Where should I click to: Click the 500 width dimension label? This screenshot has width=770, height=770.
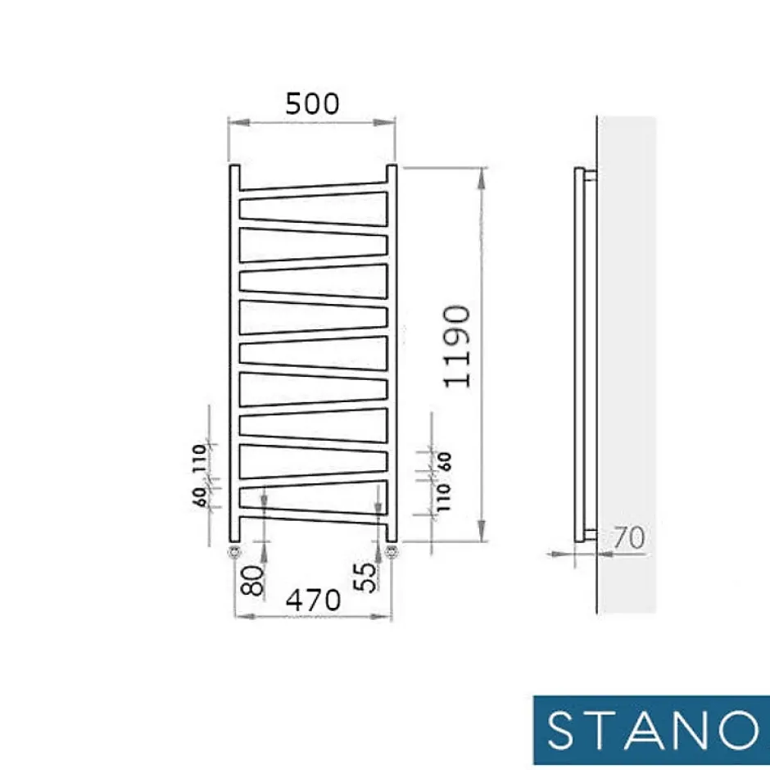coord(312,103)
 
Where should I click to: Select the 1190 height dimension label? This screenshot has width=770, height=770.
coord(457,346)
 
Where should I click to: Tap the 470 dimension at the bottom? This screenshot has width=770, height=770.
coord(313,600)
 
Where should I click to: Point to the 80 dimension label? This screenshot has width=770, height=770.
coord(253,580)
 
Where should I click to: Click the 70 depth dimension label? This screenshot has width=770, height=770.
coord(629,537)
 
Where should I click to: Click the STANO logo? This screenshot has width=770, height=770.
coord(652,730)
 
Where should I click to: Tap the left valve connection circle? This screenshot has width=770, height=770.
coord(234,552)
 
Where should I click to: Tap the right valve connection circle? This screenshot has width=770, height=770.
coord(391,552)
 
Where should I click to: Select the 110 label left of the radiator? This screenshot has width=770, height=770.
coord(199,458)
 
